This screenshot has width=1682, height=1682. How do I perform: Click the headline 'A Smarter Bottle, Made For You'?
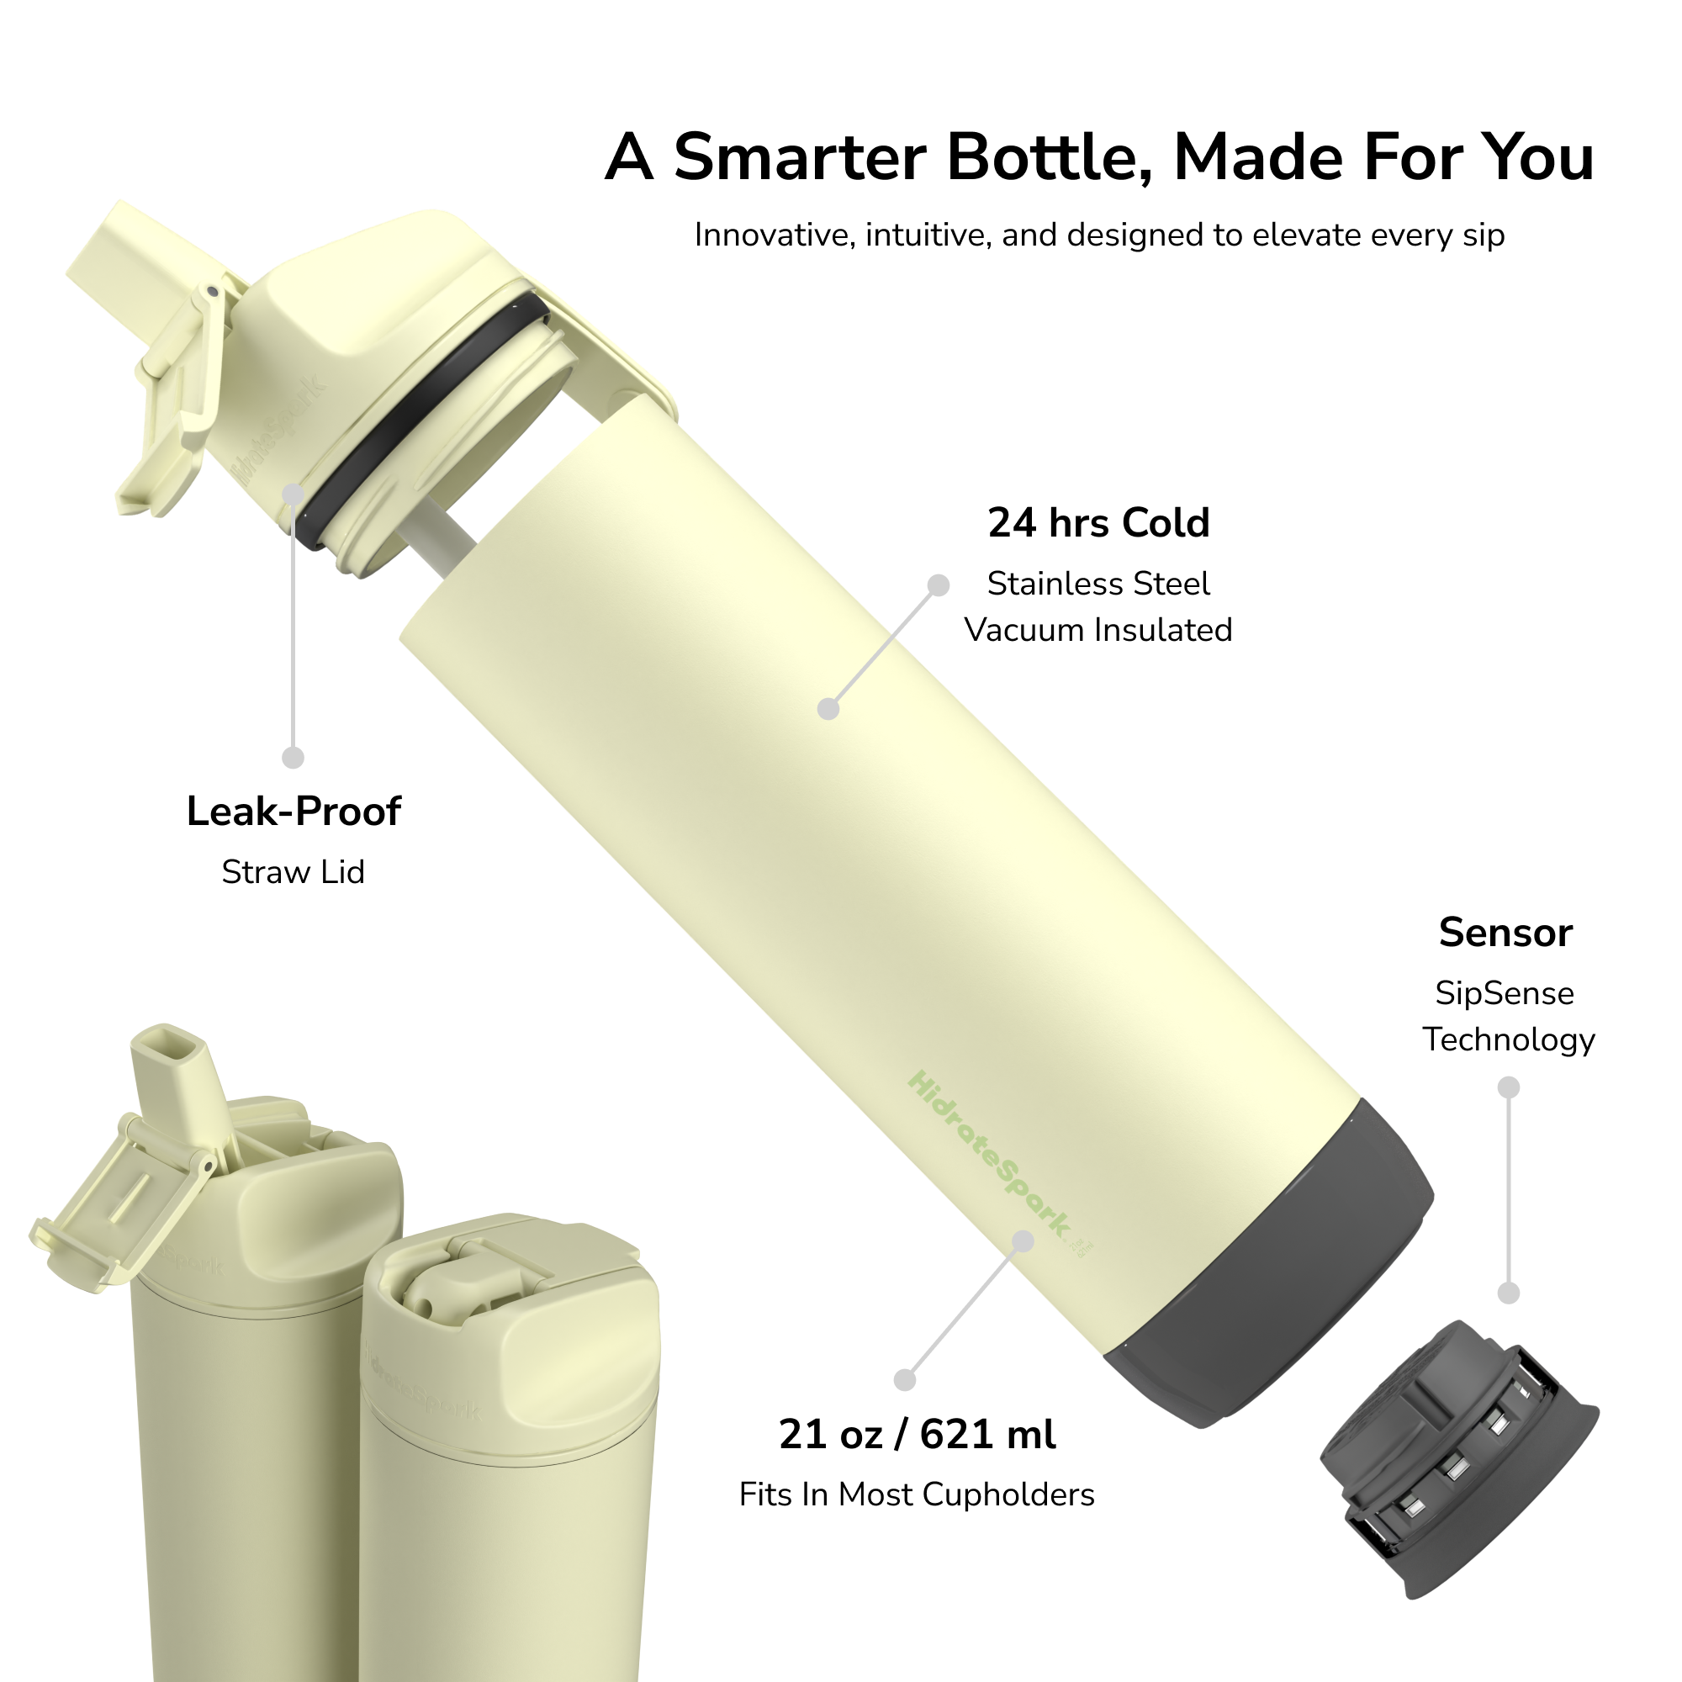[1099, 157]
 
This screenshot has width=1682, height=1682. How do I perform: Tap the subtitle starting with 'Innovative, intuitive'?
[1099, 235]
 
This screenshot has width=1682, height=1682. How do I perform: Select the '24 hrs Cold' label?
[1098, 523]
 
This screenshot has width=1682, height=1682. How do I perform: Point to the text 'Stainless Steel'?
[1098, 584]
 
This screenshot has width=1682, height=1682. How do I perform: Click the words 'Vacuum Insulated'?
[1098, 629]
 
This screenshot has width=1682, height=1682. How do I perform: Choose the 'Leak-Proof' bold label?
[294, 812]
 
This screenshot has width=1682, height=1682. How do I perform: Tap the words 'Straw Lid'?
[294, 871]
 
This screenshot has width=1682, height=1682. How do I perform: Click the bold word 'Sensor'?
[1506, 933]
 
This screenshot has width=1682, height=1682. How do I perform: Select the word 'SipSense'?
[1505, 993]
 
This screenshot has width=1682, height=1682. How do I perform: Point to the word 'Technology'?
[1509, 1040]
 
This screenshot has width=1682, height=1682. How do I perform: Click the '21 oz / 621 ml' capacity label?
[918, 1434]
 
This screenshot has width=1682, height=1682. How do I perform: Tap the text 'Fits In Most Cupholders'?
[917, 1494]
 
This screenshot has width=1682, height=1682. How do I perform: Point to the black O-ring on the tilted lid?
[418, 418]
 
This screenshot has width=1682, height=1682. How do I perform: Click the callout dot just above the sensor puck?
[1509, 1293]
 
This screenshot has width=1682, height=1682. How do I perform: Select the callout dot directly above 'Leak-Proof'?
[294, 758]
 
